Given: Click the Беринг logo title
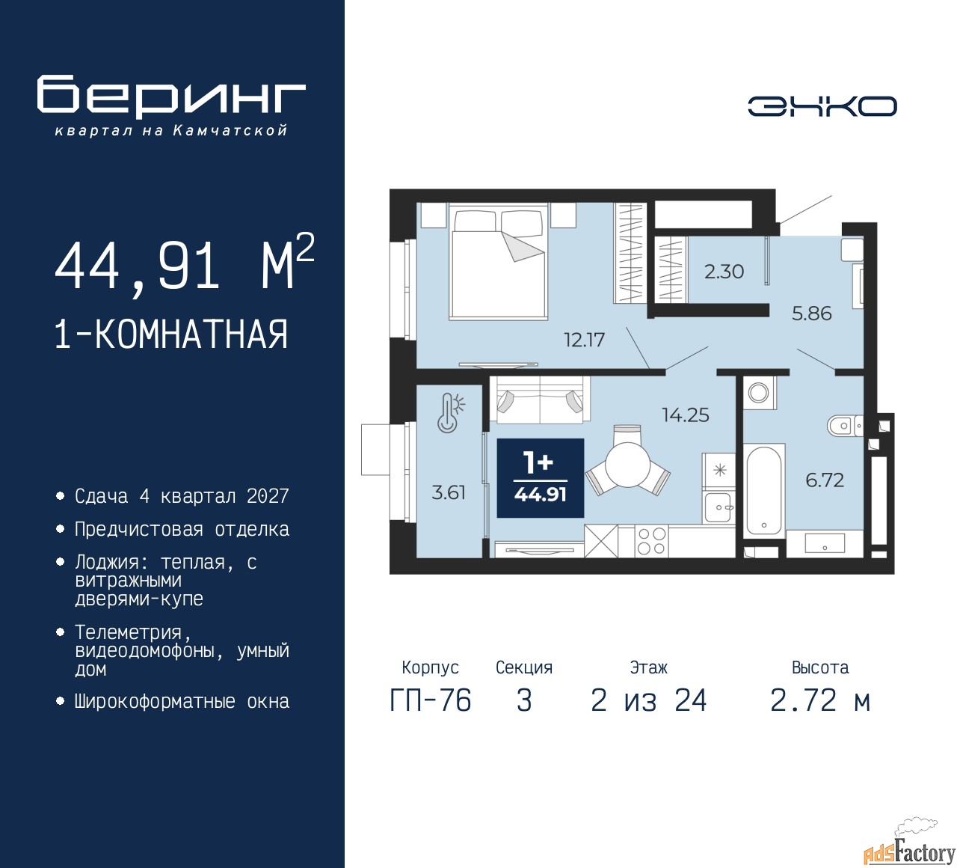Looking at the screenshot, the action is click(x=171, y=96).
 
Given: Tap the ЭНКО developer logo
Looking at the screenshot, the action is click(x=822, y=106).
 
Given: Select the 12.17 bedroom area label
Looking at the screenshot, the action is click(x=585, y=340).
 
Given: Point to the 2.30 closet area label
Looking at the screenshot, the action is click(x=724, y=272).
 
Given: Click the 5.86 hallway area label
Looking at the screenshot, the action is click(x=811, y=314).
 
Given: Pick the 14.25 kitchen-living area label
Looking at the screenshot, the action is click(x=686, y=415).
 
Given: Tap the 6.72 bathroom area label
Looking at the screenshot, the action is click(x=825, y=480).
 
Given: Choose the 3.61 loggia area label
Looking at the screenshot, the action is click(x=449, y=492).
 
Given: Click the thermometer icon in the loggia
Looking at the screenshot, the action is click(x=450, y=413).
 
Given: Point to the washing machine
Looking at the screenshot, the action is click(x=759, y=392).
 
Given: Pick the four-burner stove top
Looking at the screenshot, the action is click(x=651, y=541).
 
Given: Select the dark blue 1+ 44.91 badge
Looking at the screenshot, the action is click(x=540, y=478).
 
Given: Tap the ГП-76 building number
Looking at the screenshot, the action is click(x=431, y=700).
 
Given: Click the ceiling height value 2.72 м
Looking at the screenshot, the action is click(x=820, y=700).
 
